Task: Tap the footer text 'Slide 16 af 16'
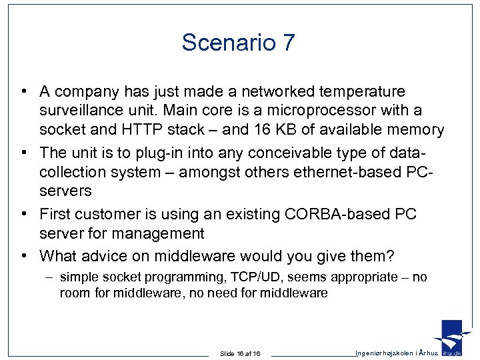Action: [240, 353]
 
